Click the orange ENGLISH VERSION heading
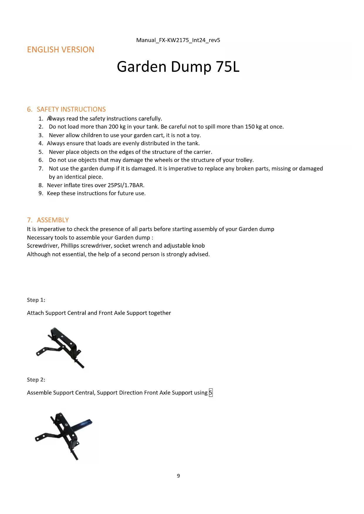point(61,50)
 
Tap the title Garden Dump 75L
point(178,67)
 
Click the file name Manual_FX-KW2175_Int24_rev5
point(178,40)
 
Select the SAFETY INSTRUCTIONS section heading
point(71,109)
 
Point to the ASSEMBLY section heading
point(53,220)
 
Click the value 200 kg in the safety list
point(117,127)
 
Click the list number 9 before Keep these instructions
point(40,193)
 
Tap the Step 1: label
point(36,300)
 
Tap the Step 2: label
point(36,380)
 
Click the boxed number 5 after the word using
point(211,393)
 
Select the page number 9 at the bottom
point(178,476)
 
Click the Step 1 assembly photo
point(60,348)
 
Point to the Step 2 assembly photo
point(64,436)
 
